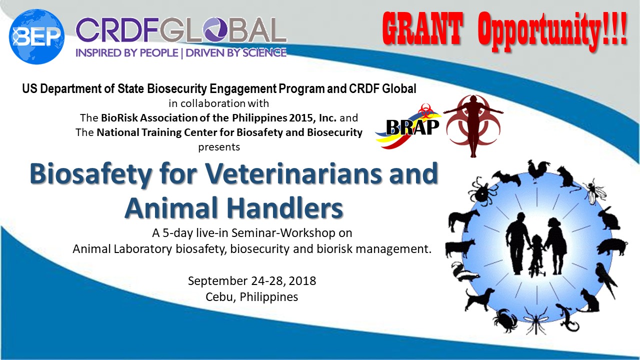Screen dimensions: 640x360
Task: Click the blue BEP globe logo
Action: tap(36, 36)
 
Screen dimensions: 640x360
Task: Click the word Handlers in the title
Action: tap(285, 207)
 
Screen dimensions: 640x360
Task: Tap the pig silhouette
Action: tap(612, 247)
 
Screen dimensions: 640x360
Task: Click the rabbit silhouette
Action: tap(609, 219)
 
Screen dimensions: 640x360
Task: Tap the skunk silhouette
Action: tap(465, 272)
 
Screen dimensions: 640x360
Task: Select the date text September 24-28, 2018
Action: tap(252, 281)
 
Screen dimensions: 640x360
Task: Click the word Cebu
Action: tap(220, 297)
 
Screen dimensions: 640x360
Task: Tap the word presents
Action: tap(219, 147)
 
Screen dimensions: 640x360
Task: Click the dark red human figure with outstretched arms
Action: tap(473, 125)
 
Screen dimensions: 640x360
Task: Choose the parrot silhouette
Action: tap(606, 280)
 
